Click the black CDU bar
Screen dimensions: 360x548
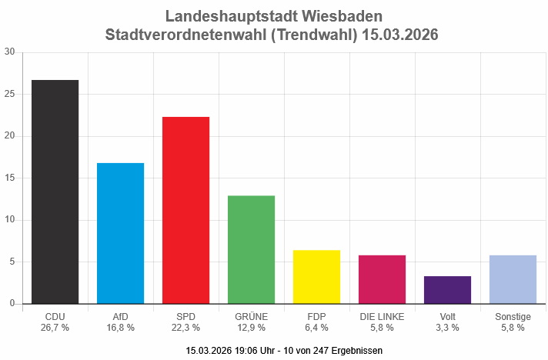point(55,192)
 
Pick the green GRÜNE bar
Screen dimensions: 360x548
point(251,249)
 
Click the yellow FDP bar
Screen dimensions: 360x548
point(316,277)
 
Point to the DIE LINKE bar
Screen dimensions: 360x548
point(382,279)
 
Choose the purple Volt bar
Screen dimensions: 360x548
point(447,290)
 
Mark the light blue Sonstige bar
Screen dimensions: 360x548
point(513,279)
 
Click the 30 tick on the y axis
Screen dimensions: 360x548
point(9,52)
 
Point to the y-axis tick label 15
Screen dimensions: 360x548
point(9,178)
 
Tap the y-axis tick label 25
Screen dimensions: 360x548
point(9,95)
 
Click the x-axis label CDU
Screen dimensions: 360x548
point(55,316)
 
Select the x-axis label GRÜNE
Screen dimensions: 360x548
point(251,316)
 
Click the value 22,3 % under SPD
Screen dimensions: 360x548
point(185,327)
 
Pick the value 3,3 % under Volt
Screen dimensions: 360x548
point(447,327)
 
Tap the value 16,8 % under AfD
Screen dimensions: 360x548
point(120,327)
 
